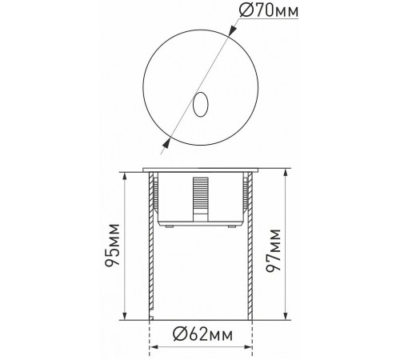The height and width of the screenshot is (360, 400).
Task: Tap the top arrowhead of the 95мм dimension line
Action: (126, 175)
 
